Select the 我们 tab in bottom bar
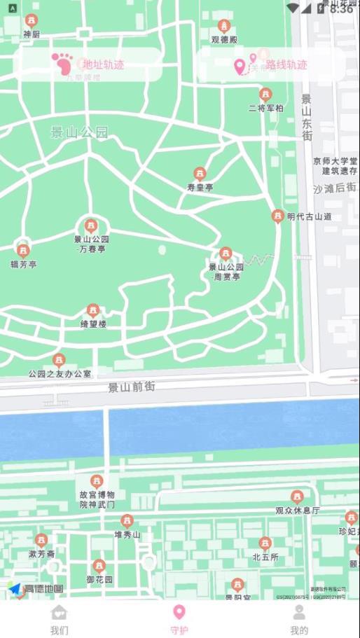(x=60, y=620)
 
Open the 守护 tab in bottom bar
(x=179, y=620)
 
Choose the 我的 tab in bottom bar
(x=299, y=620)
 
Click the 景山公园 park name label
(x=80, y=132)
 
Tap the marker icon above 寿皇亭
(x=200, y=174)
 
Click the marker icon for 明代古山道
(x=278, y=216)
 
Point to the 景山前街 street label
(x=132, y=387)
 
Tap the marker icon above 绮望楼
(x=92, y=311)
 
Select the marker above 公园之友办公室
(x=60, y=360)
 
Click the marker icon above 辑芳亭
(x=23, y=251)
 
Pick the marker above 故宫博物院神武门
(x=97, y=481)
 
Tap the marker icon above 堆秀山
(x=127, y=521)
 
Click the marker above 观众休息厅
(x=297, y=497)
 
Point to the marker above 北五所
(x=265, y=543)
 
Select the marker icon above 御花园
(x=99, y=566)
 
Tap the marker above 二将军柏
(x=265, y=95)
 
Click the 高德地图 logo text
(x=43, y=589)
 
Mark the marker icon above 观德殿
(x=224, y=27)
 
